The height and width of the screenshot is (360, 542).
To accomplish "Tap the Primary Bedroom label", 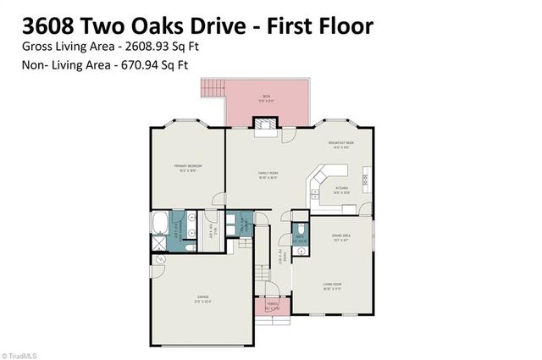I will (186, 169).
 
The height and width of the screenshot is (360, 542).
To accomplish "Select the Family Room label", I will (268, 174).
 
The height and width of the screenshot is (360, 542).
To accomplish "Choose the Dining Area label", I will (340, 240).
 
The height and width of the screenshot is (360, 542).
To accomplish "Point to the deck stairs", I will (211, 88).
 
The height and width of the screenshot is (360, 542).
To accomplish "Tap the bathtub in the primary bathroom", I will (161, 224).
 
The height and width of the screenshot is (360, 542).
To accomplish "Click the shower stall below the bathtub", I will (159, 243).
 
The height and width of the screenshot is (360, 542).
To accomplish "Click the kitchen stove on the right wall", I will (365, 178).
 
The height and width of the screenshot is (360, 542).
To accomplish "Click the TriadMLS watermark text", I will (25, 354).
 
